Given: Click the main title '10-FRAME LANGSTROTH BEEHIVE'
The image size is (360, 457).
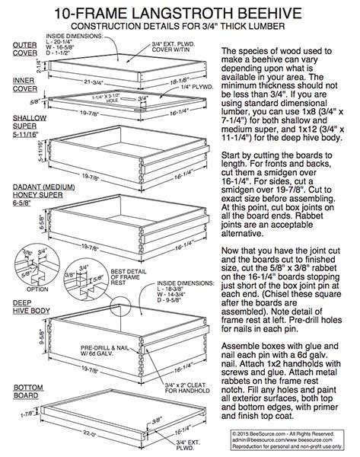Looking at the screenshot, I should [180, 12].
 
